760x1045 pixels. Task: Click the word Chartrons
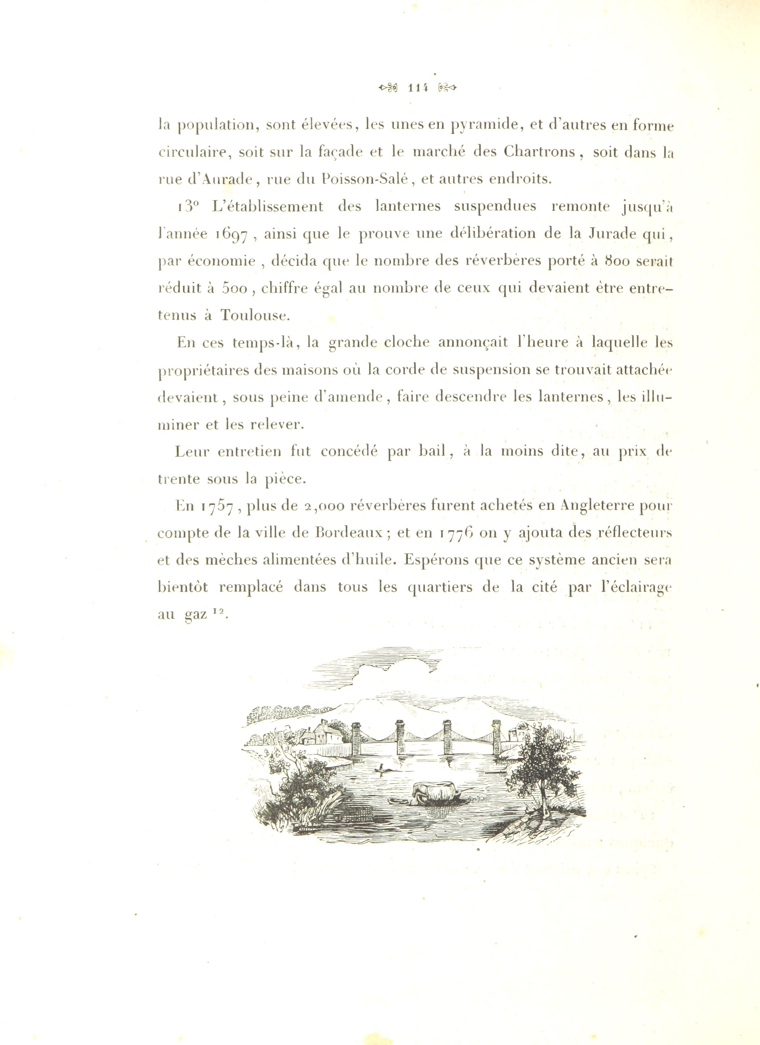point(539,152)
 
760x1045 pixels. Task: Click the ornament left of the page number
point(388,87)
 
